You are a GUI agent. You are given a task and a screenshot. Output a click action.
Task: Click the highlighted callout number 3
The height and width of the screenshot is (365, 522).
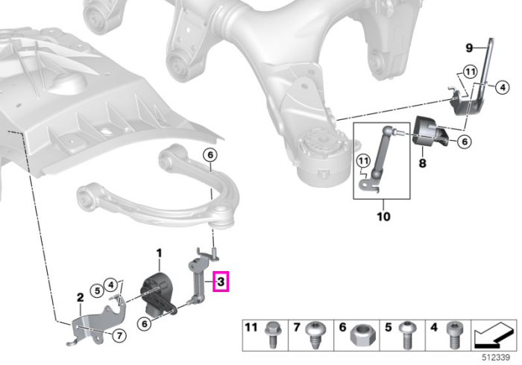(221, 282)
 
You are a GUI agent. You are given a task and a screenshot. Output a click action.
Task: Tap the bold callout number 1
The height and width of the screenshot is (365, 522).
(160, 254)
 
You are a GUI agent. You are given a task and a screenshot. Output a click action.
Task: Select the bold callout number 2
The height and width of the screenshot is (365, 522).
(81, 298)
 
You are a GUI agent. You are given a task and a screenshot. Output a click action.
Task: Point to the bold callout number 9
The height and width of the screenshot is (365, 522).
(469, 48)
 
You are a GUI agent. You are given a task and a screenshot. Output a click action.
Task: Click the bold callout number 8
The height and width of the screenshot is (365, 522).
(422, 163)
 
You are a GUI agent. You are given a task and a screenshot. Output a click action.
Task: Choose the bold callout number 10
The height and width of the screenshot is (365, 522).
(383, 217)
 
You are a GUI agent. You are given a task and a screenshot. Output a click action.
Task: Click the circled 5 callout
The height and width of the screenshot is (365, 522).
(97, 291)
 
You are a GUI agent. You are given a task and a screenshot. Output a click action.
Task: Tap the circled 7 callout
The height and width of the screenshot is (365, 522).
(119, 335)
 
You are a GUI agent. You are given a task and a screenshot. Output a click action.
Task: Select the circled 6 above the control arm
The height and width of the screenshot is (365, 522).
(210, 155)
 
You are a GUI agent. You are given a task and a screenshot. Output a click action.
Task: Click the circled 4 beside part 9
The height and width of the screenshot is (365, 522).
(502, 87)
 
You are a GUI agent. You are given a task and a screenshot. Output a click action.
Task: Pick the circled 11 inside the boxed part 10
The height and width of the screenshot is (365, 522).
(363, 162)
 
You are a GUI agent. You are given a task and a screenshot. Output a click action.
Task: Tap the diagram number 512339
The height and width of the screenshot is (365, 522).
(496, 358)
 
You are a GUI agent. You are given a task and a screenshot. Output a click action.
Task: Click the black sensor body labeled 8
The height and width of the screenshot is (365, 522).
(424, 131)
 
